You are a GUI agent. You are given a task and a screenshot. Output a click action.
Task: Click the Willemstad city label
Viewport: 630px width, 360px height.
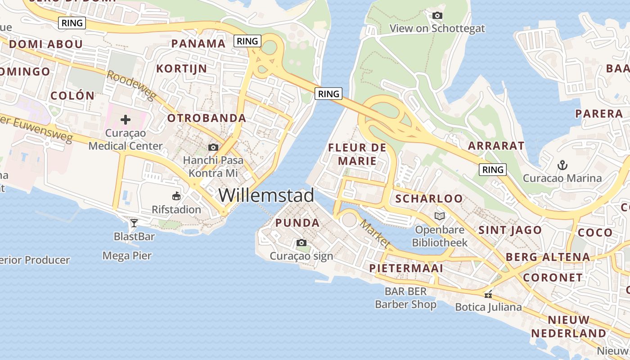[266, 195]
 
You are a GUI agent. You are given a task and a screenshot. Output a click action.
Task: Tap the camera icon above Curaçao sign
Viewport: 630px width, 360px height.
[301, 243]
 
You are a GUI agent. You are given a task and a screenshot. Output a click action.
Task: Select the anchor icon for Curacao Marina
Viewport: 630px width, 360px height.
[562, 165]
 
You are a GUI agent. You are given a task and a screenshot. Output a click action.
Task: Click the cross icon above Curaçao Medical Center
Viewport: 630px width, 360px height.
[126, 120]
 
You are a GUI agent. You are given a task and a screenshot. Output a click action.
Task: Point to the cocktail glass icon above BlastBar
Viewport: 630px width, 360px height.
[134, 223]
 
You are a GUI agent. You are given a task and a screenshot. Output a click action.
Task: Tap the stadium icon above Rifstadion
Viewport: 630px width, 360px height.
[176, 196]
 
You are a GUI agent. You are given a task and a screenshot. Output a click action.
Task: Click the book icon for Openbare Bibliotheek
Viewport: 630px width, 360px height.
[440, 216]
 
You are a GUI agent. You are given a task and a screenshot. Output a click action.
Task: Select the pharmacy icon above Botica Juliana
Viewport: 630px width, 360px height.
[488, 295]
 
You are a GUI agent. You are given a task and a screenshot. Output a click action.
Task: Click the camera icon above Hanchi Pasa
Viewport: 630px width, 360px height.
[213, 147]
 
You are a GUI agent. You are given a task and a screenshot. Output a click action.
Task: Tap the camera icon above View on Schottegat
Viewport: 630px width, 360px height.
[437, 16]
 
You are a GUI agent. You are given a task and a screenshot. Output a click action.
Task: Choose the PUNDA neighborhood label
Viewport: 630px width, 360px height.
[297, 223]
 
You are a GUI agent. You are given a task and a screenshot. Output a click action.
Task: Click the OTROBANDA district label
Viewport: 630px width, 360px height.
[207, 118]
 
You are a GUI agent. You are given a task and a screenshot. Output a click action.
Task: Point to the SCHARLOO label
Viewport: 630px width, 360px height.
[429, 198]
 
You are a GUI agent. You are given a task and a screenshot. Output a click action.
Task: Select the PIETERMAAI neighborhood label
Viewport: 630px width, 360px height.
[406, 268]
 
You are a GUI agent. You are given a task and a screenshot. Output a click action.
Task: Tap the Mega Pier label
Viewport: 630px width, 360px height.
[127, 256]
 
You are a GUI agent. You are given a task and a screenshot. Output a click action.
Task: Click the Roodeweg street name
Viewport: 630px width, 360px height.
[131, 85]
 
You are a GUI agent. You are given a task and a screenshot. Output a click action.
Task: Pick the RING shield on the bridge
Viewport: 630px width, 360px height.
[328, 94]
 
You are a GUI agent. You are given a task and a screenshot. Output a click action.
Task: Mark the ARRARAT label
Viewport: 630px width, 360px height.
[496, 146]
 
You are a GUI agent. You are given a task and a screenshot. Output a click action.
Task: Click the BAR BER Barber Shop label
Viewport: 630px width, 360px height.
[405, 298]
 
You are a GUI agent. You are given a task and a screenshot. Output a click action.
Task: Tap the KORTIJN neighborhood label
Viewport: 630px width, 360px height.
[181, 69]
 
